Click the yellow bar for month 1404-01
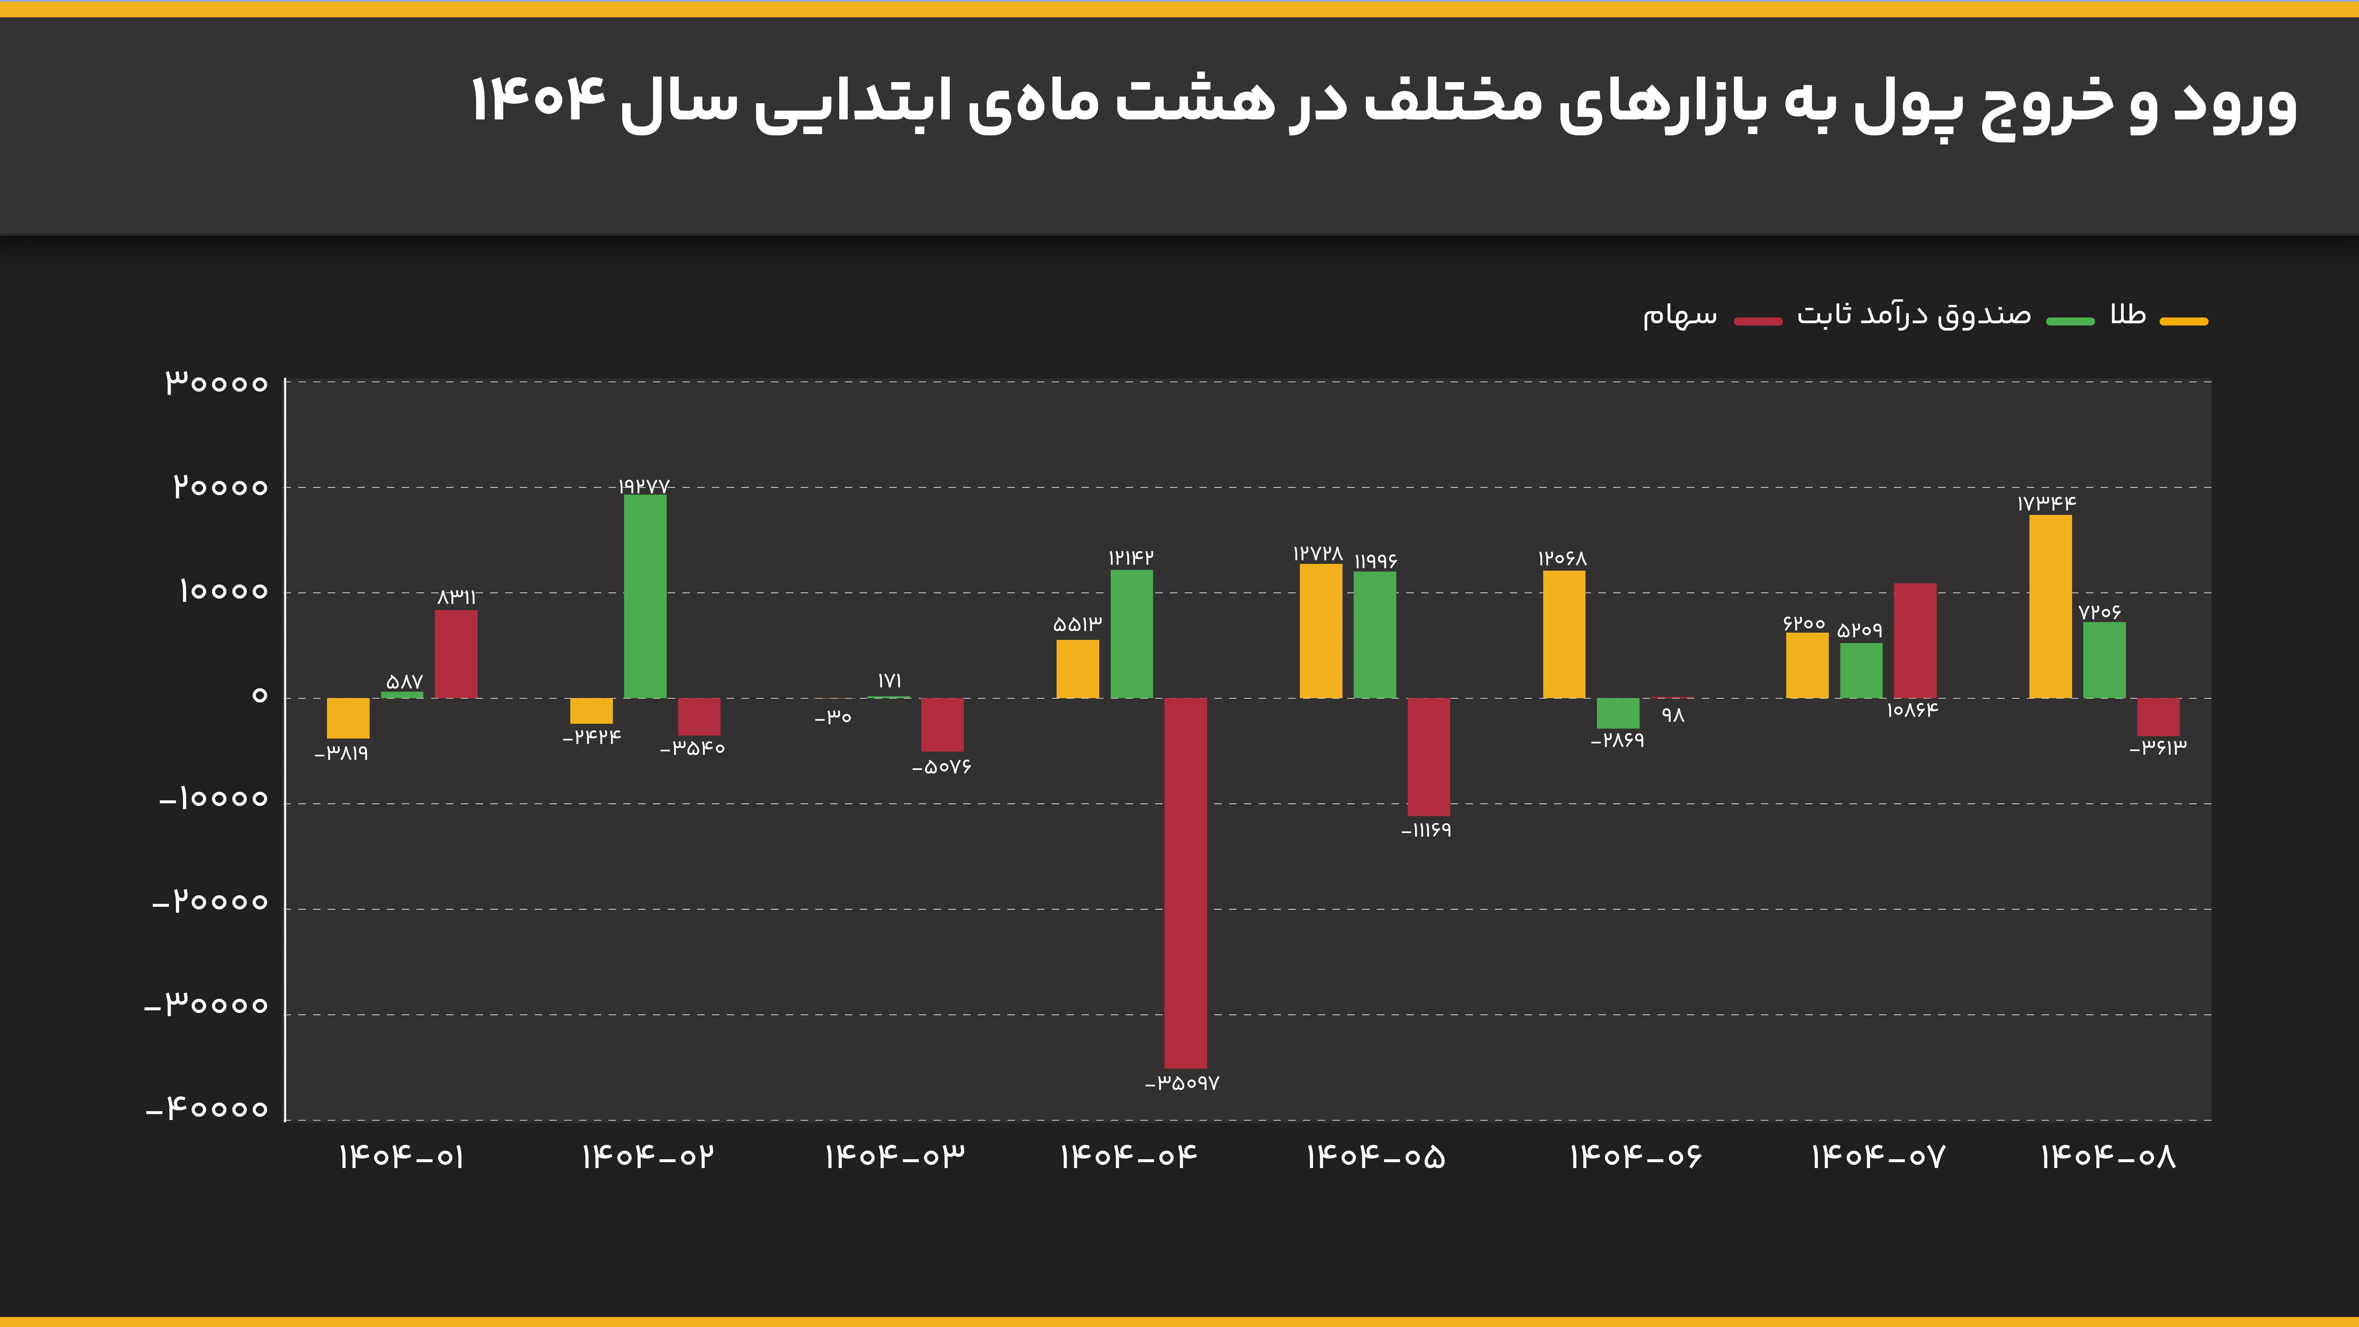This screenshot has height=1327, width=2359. coord(348,718)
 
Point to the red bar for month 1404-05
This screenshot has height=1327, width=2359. coord(1429,756)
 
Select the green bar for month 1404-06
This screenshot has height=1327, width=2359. coord(1618,713)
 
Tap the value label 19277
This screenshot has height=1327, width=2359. coord(644,485)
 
